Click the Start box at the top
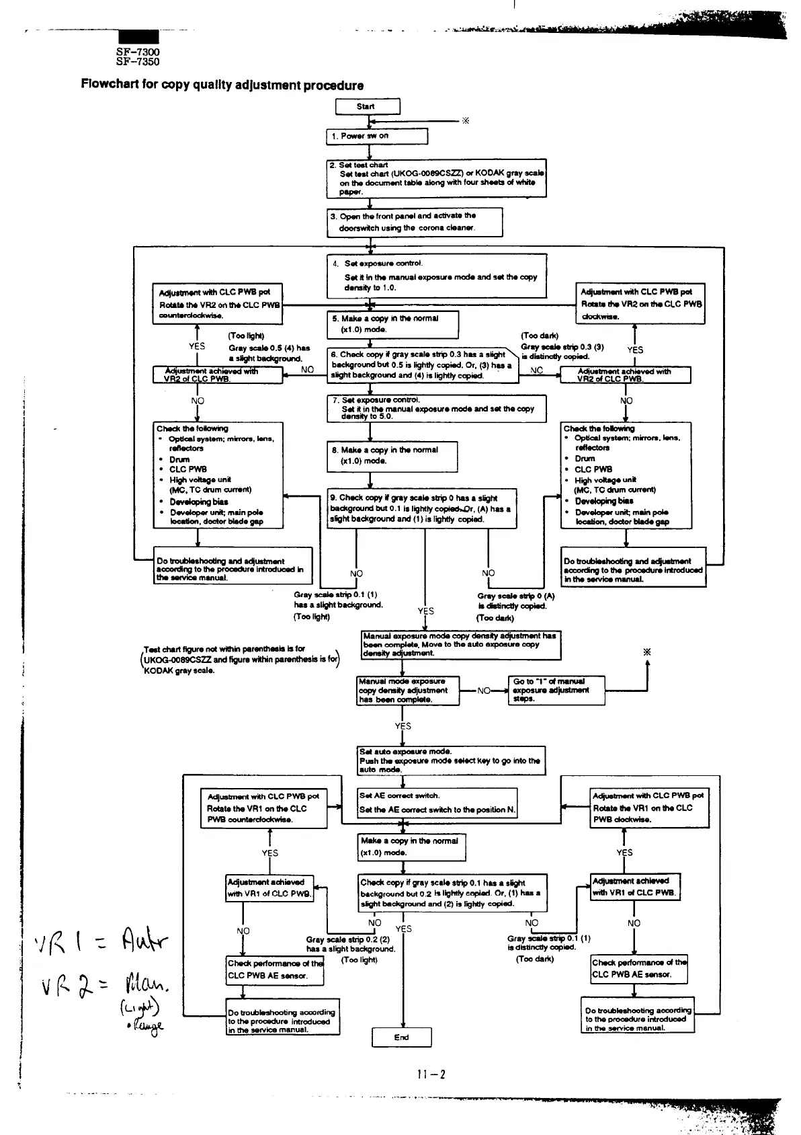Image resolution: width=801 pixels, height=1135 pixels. pos(367,106)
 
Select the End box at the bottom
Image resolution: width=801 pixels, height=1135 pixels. pos(401,1037)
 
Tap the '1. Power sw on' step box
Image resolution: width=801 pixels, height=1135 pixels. pos(376,136)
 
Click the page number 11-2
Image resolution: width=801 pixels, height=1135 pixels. pos(431,1074)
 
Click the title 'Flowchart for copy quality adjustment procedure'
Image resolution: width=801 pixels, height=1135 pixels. pos(222,85)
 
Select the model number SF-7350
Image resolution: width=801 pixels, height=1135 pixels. pos(138,62)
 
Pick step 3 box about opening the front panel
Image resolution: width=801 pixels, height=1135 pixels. pos(415,222)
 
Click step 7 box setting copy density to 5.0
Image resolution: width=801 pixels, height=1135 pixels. pos(436,408)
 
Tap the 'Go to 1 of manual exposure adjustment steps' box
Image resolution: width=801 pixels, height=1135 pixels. pos(556,690)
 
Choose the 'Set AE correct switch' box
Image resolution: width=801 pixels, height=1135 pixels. pos(437,803)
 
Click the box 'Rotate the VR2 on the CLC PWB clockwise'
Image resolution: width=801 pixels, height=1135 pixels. pos(641,304)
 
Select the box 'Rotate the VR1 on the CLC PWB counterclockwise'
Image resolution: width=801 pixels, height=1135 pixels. pos(263,808)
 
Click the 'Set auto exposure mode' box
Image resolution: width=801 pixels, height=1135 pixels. pos(451,760)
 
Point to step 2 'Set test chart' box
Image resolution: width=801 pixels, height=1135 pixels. pos(436,178)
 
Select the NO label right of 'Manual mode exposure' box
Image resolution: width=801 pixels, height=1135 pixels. pos(483,690)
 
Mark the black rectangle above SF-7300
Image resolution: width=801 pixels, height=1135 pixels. pos(138,37)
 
